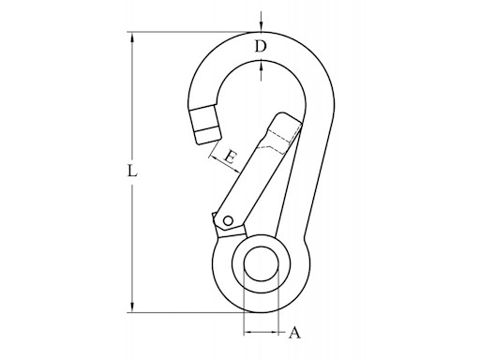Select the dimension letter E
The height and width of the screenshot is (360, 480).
230,158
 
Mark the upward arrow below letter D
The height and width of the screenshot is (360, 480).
262,66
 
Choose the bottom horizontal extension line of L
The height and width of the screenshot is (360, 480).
187,310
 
